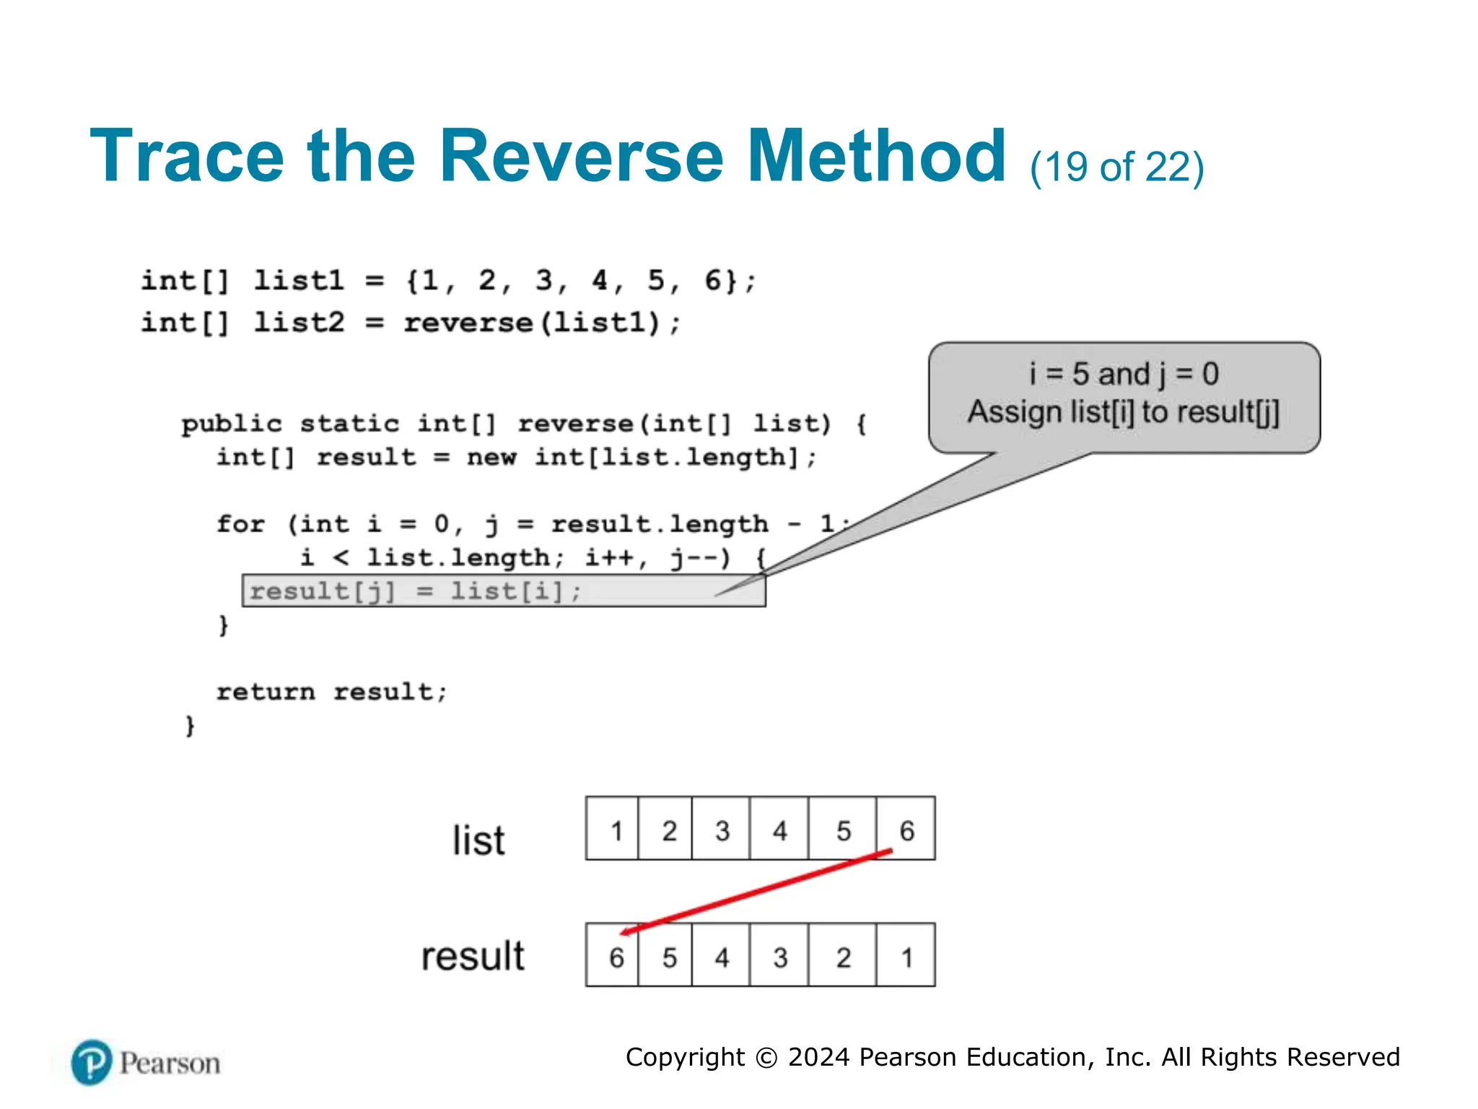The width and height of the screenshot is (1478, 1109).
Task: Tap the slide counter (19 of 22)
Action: (1116, 168)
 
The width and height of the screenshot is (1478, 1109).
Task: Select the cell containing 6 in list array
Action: (906, 829)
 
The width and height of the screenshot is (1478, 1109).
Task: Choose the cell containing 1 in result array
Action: (906, 957)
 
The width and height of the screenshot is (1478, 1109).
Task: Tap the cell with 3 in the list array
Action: (722, 829)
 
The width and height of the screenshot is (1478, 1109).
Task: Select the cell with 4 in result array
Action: (722, 957)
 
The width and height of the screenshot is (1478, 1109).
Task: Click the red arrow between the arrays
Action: (758, 892)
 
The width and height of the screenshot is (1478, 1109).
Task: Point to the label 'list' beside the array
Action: (478, 840)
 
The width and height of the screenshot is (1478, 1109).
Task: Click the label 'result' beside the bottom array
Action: (473, 956)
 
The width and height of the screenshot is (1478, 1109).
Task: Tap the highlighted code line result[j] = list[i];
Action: (416, 591)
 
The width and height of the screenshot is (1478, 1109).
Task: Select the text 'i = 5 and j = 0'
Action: (1124, 374)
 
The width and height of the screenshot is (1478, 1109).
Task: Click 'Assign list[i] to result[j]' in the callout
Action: (1124, 412)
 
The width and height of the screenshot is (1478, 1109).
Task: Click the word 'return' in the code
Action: (266, 692)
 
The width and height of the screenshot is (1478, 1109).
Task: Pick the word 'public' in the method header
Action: (231, 423)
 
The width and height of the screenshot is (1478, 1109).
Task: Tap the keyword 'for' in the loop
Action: (241, 523)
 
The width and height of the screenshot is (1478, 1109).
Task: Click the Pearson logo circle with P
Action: (92, 1062)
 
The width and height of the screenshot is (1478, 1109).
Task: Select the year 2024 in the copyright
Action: (818, 1057)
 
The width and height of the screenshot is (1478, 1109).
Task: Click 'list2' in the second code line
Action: (299, 322)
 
